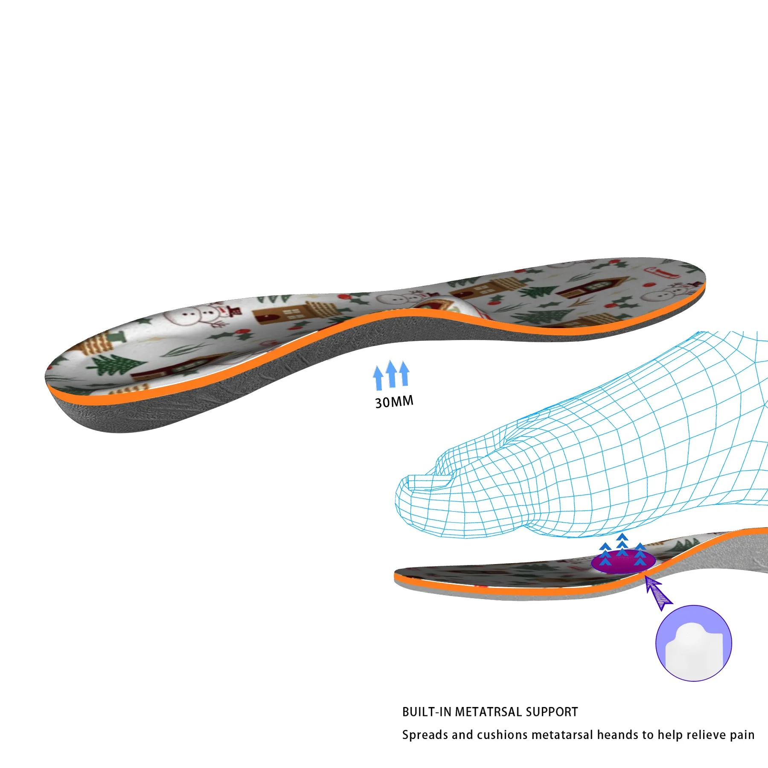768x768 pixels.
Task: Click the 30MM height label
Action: [394, 402]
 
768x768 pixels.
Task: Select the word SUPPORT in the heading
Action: [552, 712]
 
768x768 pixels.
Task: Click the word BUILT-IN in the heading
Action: [427, 712]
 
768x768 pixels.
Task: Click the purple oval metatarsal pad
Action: [623, 562]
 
